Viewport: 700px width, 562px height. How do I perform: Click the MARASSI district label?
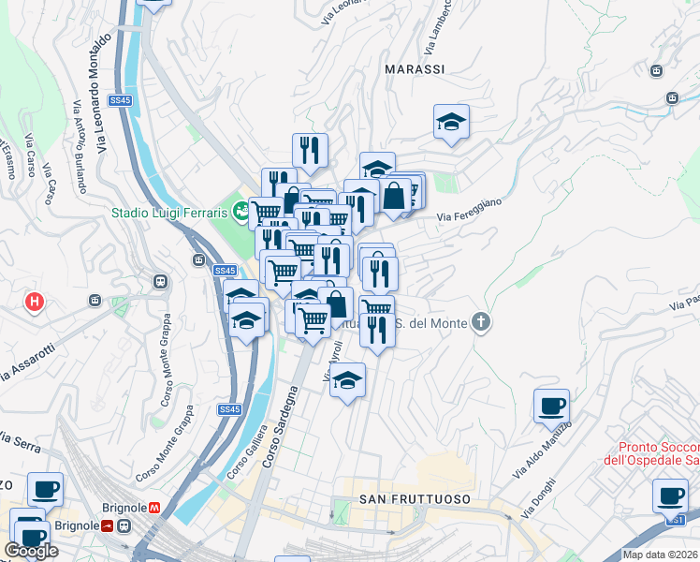coord(415,69)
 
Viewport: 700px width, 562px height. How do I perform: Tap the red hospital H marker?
coord(35,302)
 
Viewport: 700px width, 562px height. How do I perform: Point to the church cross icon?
coord(481,323)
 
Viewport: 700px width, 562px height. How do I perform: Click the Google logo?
coord(32,551)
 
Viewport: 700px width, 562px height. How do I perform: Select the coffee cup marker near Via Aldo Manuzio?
coord(551,407)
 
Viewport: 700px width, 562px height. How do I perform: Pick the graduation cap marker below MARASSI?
coord(451,123)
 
